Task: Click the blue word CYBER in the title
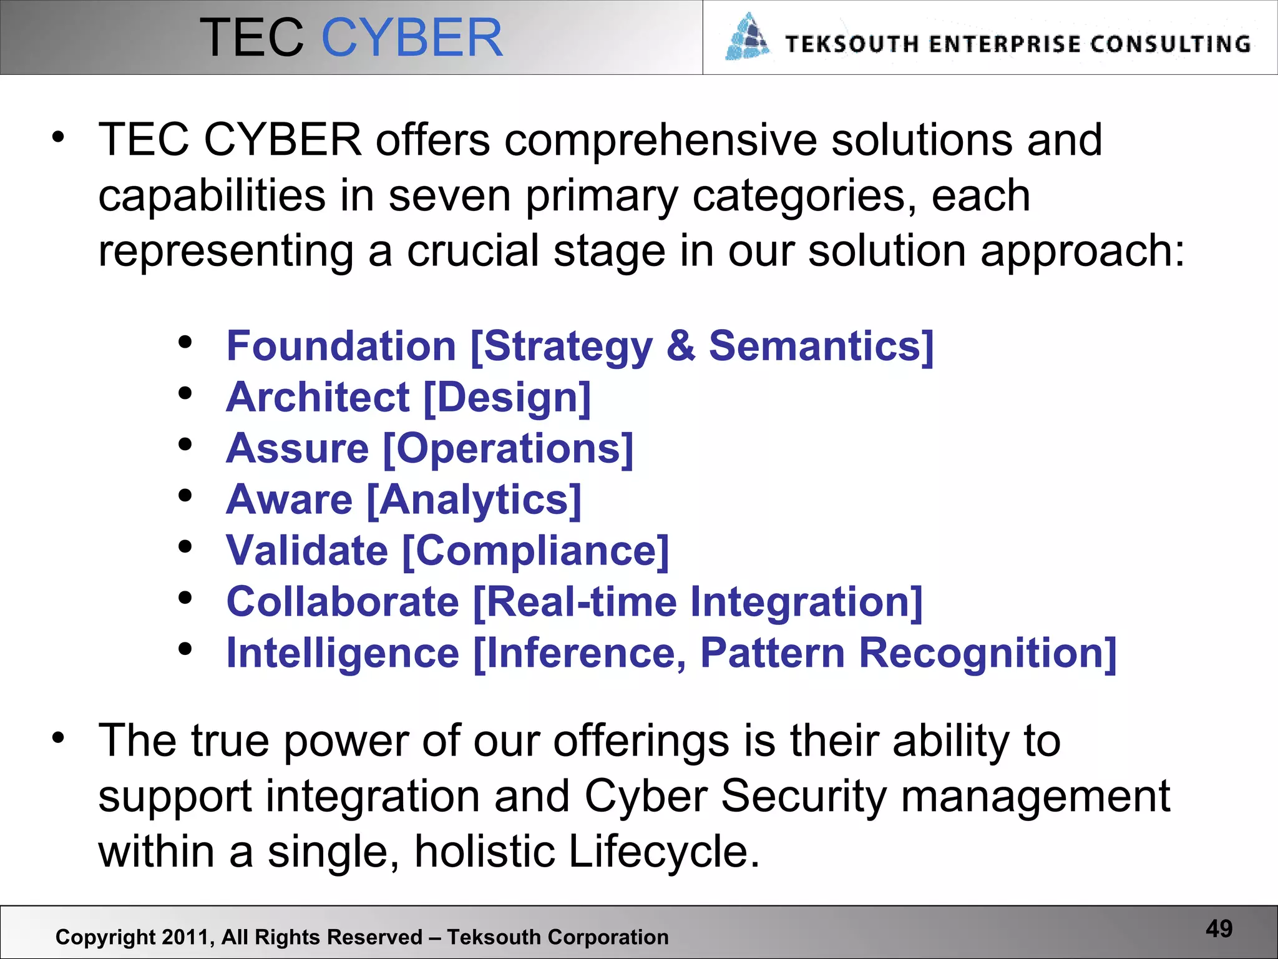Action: (412, 38)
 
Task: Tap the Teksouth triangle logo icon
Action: (747, 37)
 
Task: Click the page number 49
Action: (1219, 928)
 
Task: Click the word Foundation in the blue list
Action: (341, 346)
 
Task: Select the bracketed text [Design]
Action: (507, 398)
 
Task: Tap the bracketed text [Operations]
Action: (508, 449)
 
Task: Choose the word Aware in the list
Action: (290, 499)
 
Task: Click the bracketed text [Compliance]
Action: (535, 551)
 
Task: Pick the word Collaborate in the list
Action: (343, 602)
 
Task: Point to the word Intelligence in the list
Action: (343, 653)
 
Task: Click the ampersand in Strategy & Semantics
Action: (680, 346)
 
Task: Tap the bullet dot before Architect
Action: (185, 393)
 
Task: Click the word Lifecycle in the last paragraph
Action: (664, 852)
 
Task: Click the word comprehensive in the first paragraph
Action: (660, 140)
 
